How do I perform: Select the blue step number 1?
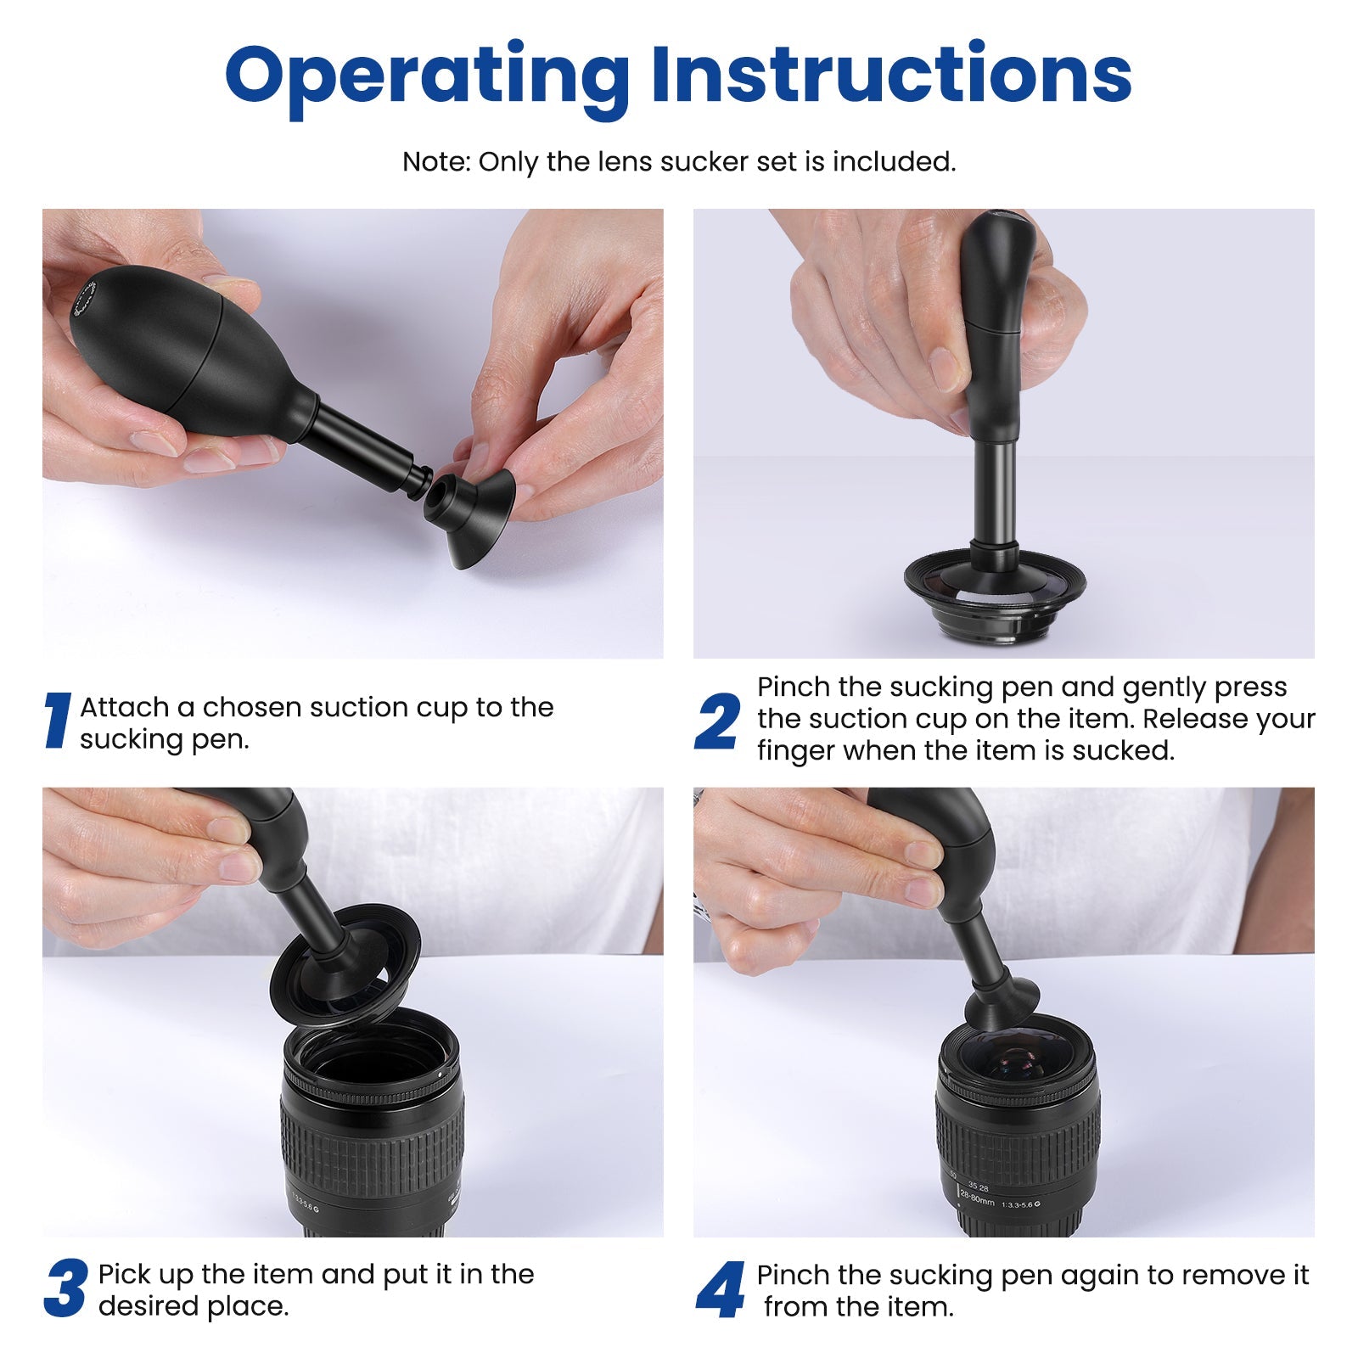tap(57, 721)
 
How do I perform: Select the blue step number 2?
tap(717, 721)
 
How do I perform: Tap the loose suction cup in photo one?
tap(471, 522)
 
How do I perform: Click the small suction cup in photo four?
tap(1002, 1002)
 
